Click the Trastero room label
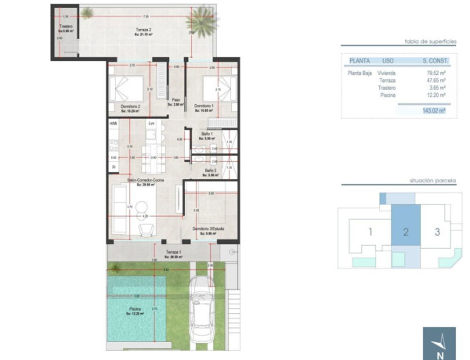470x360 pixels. pos(65,28)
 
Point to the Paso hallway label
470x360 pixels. pos(177,101)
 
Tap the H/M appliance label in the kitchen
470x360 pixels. pos(114,124)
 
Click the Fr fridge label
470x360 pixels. pos(114,166)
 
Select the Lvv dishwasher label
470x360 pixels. pos(151,124)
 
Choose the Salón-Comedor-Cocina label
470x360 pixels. pos(146,181)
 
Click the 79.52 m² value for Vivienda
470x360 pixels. pos(432,73)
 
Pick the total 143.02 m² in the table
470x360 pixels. pos(432,111)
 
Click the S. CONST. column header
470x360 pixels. pos(432,59)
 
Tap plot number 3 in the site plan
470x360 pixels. pos(437,232)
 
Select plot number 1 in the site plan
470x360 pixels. pos(370,232)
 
